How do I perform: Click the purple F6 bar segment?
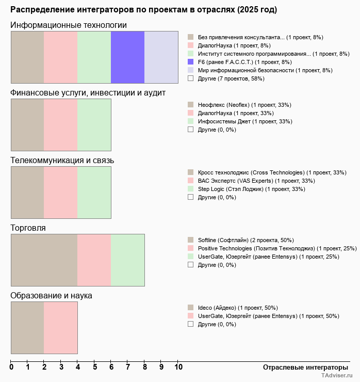pos(127,57)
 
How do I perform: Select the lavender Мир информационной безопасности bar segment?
pos(161,57)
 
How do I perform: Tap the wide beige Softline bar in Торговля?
pos(44,260)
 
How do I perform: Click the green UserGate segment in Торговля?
pos(127,260)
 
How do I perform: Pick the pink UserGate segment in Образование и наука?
pos(60,327)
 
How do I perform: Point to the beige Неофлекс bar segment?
pos(27,124)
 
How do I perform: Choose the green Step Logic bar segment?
pos(94,192)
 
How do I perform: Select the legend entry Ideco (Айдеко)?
pos(217,308)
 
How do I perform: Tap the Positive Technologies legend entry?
pos(256,248)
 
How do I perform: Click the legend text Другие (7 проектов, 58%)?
pos(231,78)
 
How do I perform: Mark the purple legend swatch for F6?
pos(190,62)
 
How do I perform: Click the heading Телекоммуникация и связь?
pos(62,160)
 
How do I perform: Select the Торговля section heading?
pos(28,228)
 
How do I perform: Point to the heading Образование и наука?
pos(51,295)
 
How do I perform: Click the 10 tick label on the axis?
pos(178,367)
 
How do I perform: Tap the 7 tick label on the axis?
pos(128,367)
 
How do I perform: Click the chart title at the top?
pos(143,10)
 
